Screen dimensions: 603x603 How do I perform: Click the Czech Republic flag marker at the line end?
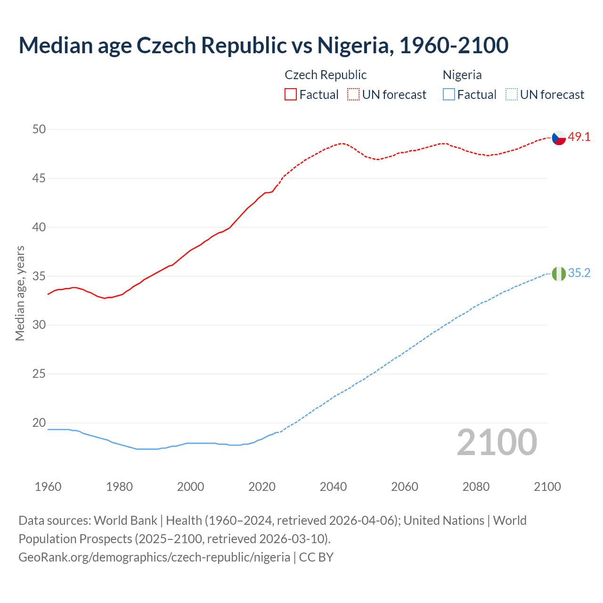559,138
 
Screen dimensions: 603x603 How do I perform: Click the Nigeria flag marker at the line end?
559,273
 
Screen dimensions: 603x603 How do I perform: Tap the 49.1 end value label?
579,137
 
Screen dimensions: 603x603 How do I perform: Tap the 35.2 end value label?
579,273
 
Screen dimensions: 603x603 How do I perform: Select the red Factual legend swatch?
291,94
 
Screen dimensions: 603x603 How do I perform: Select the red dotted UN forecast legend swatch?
353,94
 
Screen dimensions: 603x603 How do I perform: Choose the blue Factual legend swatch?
449,94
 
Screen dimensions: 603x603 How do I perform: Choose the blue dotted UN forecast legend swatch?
511,94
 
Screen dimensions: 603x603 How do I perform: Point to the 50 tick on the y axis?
39,129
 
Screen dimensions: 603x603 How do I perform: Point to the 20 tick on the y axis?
39,423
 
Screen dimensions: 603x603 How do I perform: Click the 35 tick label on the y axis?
39,276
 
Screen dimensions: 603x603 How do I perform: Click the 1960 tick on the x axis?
48,487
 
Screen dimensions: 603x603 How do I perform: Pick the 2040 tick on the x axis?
333,487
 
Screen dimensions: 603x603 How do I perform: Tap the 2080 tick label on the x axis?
476,487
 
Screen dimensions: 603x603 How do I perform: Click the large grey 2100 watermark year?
497,442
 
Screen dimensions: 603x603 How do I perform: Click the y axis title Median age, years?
20,293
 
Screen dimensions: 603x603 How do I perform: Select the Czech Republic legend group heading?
326,75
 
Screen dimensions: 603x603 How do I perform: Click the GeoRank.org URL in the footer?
154,557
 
